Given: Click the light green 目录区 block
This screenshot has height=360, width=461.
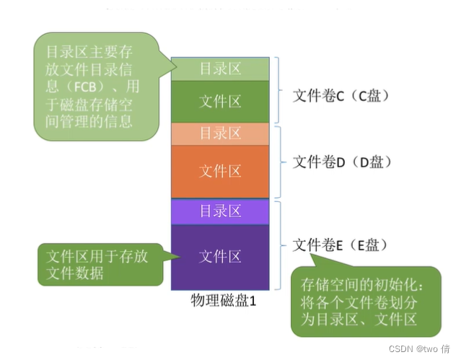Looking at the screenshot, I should [220, 69].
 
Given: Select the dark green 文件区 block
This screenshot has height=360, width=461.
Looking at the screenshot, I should [220, 102].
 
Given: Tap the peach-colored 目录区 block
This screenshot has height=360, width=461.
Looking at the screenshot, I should [220, 133].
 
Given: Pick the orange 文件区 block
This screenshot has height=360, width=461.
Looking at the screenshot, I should [220, 171].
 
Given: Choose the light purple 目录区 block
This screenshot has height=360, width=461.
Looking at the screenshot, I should [220, 211].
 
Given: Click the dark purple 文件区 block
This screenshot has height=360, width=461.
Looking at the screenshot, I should [220, 256].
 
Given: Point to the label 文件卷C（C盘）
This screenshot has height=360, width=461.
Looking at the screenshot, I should [341, 96].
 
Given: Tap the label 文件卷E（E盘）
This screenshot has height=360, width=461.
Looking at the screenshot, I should [341, 245].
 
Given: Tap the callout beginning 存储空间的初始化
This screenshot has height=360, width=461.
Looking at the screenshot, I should [364, 302].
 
